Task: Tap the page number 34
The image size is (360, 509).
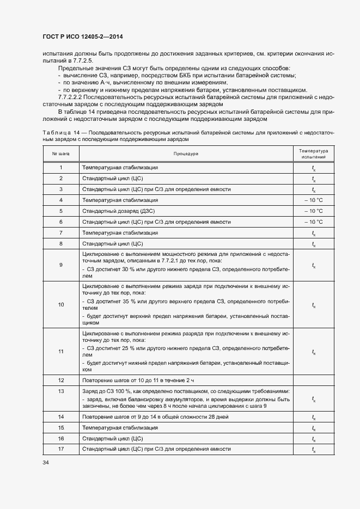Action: click(45, 462)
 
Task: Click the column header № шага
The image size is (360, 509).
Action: click(60, 154)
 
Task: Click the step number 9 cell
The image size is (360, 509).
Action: click(60, 265)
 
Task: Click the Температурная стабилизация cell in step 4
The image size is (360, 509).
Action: click(120, 200)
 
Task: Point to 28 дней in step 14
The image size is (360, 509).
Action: click(217, 417)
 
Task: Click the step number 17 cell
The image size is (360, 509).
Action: click(60, 449)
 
